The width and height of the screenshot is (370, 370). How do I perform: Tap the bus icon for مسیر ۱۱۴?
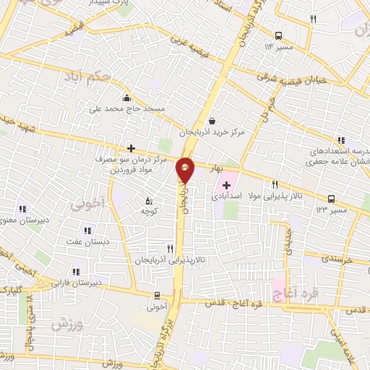pyautogui.click(x=278, y=35)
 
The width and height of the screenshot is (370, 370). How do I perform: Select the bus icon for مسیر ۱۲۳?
pyautogui.click(x=331, y=198)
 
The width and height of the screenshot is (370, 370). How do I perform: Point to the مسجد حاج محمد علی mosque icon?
pyautogui.click(x=127, y=98)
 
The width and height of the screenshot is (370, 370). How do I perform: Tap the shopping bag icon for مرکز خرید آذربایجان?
pyautogui.click(x=212, y=121)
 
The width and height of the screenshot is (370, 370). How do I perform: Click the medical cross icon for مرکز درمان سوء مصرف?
pyautogui.click(x=130, y=148)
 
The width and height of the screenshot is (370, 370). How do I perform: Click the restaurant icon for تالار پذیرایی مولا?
pyautogui.click(x=275, y=184)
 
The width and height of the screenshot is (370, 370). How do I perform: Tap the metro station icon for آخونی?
pyautogui.click(x=158, y=295)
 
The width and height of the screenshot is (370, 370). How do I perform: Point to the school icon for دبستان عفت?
pyautogui.click(x=87, y=231)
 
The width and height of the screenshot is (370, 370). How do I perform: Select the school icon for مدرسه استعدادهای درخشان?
pyautogui.click(x=340, y=142)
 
